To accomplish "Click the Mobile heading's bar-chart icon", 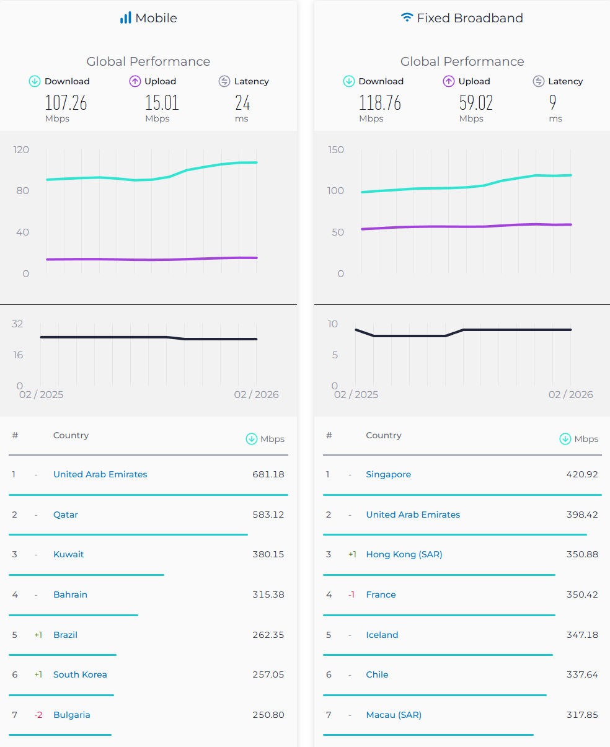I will tap(125, 18).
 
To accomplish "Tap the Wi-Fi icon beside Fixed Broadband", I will tap(407, 18).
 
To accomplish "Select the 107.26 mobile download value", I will tap(66, 102).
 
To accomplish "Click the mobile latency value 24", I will tap(242, 102).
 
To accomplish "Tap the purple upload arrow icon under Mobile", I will tap(135, 81).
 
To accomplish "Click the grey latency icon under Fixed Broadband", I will tap(539, 81).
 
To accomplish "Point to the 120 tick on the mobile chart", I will tap(22, 149).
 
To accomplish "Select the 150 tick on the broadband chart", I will tap(336, 149).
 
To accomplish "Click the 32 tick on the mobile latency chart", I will tap(17, 324).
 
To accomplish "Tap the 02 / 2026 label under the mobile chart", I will tap(256, 394).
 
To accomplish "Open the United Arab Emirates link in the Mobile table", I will tap(100, 474).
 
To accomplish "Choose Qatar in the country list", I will tap(66, 515).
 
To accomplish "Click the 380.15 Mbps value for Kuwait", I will tap(268, 554).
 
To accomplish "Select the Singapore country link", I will tap(389, 474).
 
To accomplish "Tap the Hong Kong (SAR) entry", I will tap(404, 554).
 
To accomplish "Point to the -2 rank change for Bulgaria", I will tap(38, 715).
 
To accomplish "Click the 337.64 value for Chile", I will tap(582, 674).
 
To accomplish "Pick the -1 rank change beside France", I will tap(351, 595).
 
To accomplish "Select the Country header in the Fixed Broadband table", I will tap(384, 435).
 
